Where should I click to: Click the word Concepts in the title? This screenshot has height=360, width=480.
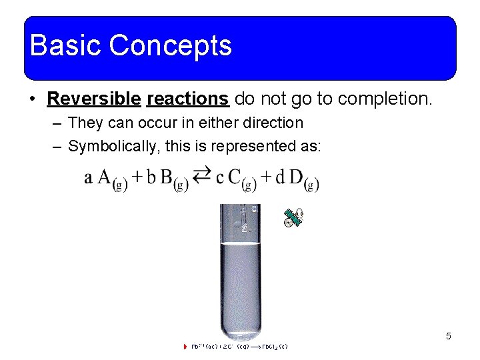click(170, 46)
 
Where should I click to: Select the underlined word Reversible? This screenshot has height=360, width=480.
click(94, 99)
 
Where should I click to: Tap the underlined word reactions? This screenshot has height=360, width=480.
click(188, 99)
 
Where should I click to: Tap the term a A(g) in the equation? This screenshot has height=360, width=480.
click(107, 179)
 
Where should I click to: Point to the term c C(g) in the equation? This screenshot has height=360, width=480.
click(236, 179)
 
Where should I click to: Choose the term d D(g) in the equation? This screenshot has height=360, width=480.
click(297, 179)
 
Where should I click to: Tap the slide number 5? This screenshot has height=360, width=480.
click(448, 336)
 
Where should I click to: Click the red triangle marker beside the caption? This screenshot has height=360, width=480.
click(185, 347)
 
